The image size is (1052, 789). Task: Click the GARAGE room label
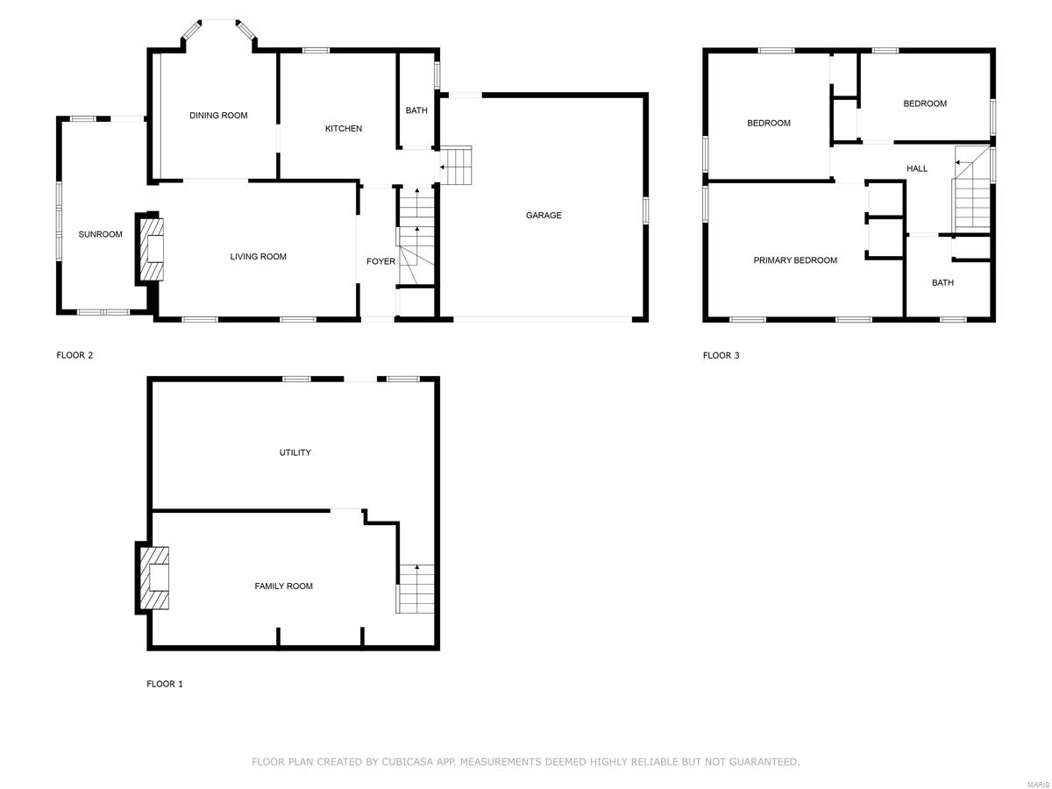point(544,216)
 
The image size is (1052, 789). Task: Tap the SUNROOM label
point(101,234)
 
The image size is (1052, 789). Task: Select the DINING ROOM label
point(218,116)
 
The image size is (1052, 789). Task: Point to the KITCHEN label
point(344,129)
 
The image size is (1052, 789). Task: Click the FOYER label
point(380,261)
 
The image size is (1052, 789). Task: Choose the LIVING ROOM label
point(259,257)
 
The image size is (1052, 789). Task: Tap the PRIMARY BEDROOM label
point(795,260)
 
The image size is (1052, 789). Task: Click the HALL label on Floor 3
point(917,168)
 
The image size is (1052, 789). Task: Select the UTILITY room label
point(295,453)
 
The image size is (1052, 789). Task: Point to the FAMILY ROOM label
point(283,586)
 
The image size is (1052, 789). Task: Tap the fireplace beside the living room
point(151,249)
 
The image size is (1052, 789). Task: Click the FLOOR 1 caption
point(165,684)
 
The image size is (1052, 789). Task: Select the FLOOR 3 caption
point(721,356)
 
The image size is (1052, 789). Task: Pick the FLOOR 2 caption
point(75,356)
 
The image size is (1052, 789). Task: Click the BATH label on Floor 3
point(942,283)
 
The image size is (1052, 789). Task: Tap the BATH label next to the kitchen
point(416,110)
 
